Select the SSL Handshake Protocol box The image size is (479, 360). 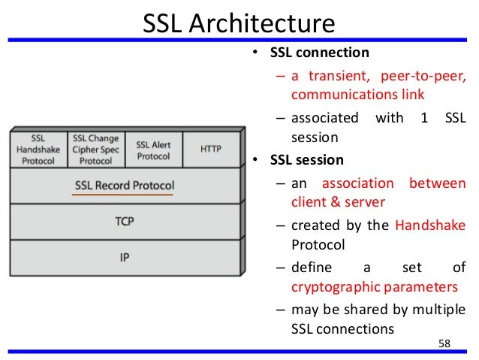[x=37, y=150]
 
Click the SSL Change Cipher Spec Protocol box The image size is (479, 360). [x=95, y=150]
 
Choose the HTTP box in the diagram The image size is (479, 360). [x=210, y=150]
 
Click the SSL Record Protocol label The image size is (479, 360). [x=125, y=185]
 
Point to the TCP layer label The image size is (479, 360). [x=125, y=222]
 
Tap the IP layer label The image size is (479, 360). [x=125, y=258]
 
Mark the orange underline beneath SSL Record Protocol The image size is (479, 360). [x=122, y=195]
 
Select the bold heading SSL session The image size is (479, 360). [x=307, y=160]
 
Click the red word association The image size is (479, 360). [x=358, y=185]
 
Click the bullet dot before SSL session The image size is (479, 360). [x=255, y=160]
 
